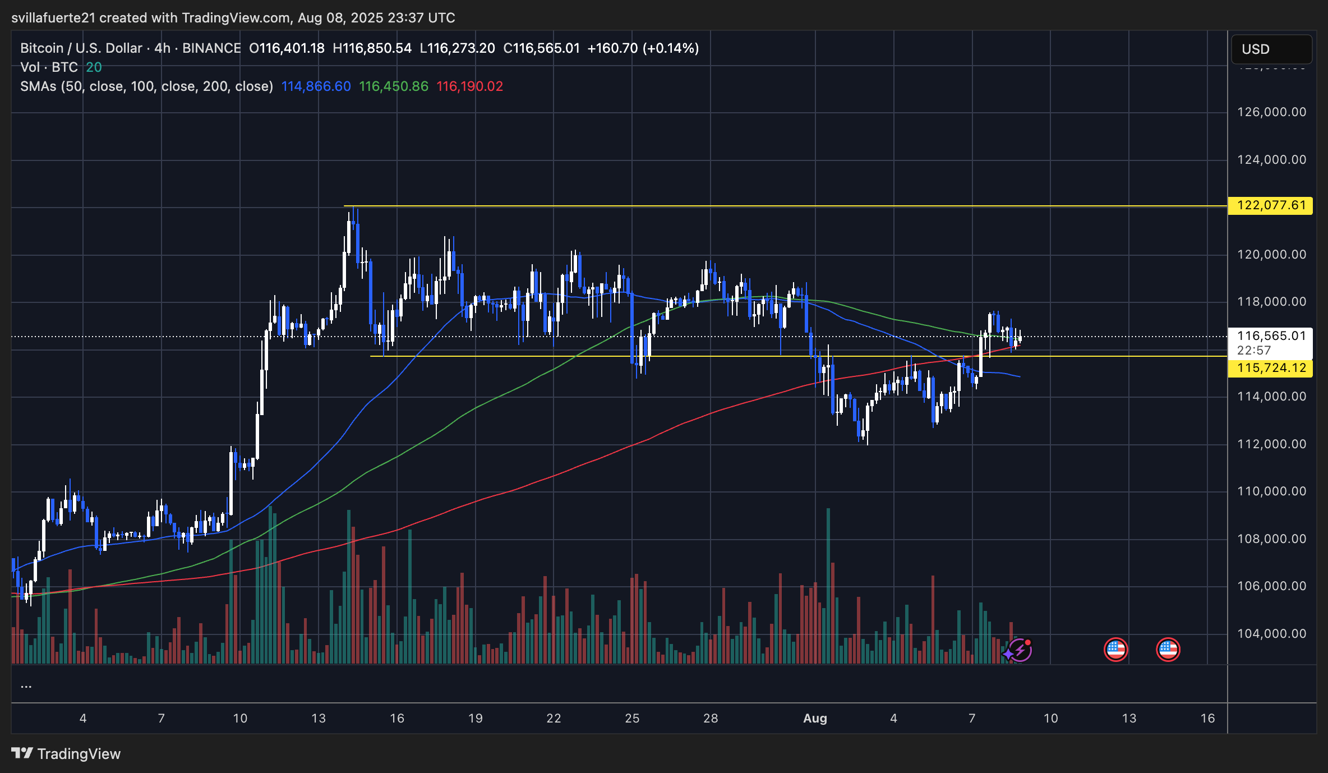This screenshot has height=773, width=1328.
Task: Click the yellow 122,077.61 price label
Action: (x=1271, y=205)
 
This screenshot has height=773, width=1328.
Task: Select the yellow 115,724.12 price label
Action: (x=1271, y=368)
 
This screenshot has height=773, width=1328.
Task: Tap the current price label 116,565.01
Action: (x=1271, y=336)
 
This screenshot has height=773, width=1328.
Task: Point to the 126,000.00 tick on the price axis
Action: (x=1271, y=112)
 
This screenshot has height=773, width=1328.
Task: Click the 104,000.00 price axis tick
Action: (x=1271, y=633)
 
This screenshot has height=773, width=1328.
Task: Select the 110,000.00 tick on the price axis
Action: (x=1271, y=491)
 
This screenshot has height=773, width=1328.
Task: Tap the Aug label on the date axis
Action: (x=815, y=718)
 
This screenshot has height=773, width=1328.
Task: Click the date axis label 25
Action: (x=632, y=718)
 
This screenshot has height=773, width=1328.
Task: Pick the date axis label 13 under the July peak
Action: (x=319, y=718)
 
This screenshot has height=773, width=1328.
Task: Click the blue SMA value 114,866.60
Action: (x=316, y=86)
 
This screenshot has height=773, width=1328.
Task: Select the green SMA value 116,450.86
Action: (x=394, y=86)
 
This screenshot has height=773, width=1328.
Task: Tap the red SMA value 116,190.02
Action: (x=469, y=86)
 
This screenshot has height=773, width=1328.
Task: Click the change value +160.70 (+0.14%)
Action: (x=643, y=48)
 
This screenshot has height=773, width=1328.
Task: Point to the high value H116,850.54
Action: (x=372, y=48)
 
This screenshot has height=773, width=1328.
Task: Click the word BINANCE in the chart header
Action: (x=211, y=48)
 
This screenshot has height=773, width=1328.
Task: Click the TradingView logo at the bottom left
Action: (x=66, y=753)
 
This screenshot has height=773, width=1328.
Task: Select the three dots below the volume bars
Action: (x=26, y=685)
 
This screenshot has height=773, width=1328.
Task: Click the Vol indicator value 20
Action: (x=94, y=67)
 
